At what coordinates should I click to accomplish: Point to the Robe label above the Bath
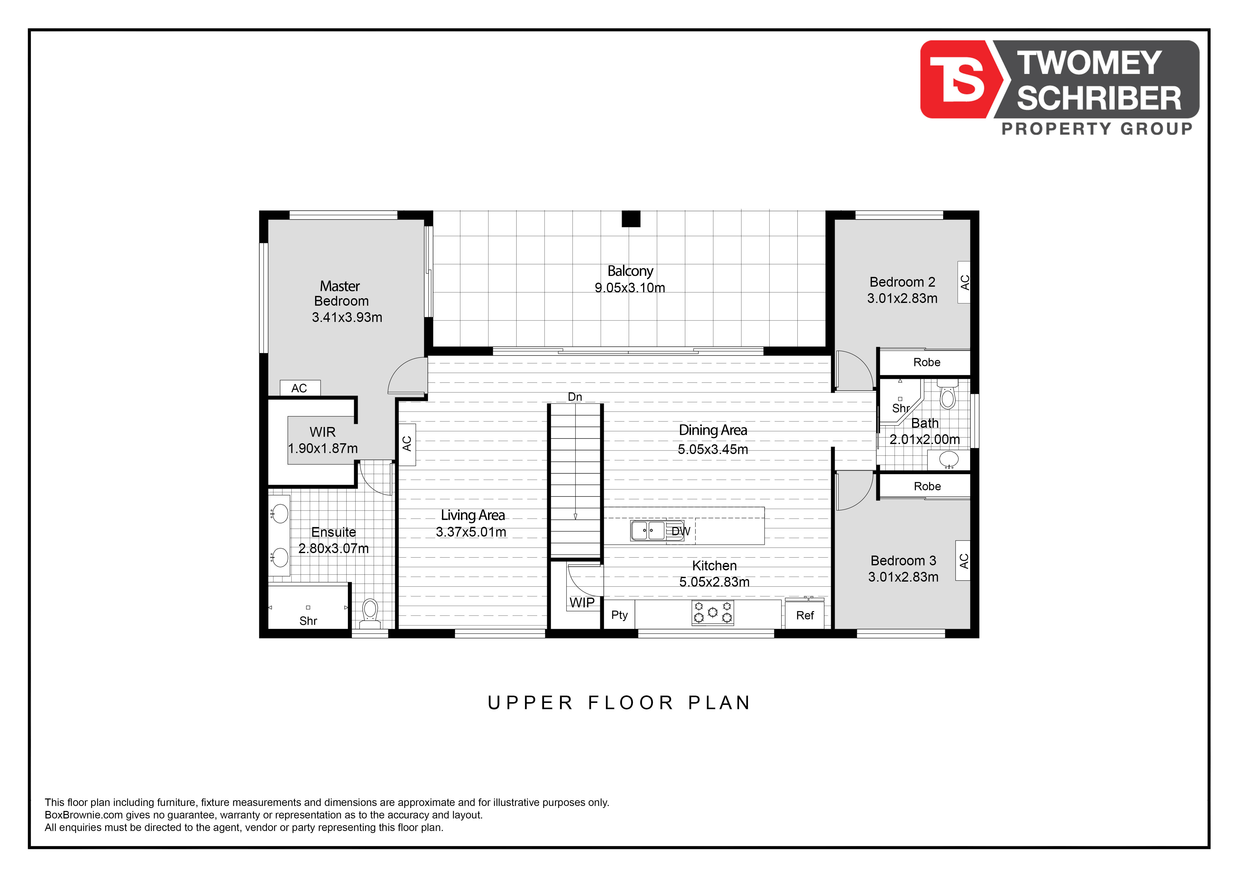point(927,362)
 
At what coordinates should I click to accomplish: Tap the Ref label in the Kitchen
point(805,616)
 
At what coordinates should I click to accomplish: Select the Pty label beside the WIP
point(619,615)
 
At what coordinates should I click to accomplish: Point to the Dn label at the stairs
point(575,397)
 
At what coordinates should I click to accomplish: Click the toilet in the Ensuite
point(370,613)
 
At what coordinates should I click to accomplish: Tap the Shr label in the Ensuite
point(308,621)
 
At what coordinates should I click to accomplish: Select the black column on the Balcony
point(631,219)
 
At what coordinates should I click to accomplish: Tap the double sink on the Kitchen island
point(648,530)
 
